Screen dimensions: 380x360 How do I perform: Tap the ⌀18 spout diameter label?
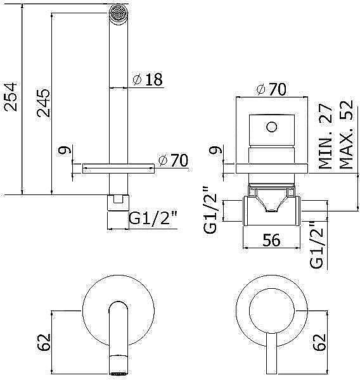coord(147,80)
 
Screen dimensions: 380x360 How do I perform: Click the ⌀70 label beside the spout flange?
coord(173,161)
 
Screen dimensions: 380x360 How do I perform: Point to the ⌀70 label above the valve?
coord(271,89)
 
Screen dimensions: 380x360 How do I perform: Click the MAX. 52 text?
coord(345,134)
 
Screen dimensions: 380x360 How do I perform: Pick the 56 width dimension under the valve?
coord(273,240)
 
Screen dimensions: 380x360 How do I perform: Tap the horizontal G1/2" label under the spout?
coord(153,219)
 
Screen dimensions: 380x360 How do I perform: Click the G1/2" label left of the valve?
coord(212,210)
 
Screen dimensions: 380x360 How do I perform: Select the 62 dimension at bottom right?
coord(319,343)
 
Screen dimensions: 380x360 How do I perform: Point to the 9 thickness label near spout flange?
coord(61,152)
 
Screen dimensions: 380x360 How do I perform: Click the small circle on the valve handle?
coord(272,126)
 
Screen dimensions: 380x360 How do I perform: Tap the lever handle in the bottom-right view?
coord(271,355)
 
